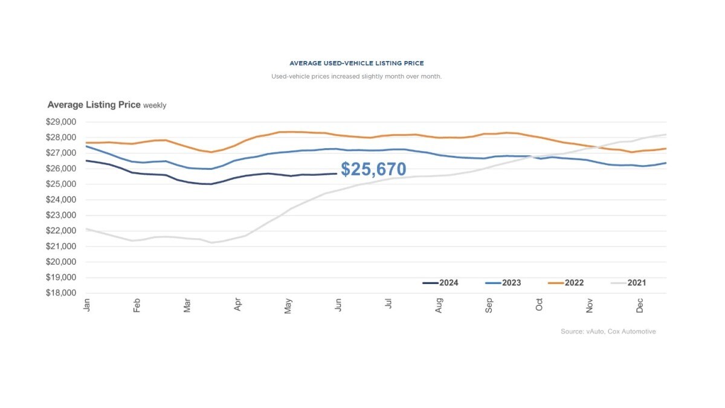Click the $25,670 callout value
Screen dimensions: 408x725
click(x=373, y=170)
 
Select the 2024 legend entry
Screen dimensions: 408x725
click(x=440, y=283)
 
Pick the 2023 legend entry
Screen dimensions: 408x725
click(x=503, y=283)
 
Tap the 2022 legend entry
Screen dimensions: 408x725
click(x=565, y=283)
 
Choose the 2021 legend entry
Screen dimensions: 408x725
click(x=628, y=283)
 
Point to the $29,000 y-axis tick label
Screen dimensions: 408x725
click(x=60, y=121)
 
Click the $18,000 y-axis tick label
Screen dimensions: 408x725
click(x=60, y=293)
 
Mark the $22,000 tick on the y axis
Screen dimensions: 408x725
click(x=60, y=231)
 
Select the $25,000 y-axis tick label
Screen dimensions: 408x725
click(x=60, y=184)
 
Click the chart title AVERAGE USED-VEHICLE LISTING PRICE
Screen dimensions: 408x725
click(x=356, y=63)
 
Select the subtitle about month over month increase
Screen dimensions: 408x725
click(x=356, y=77)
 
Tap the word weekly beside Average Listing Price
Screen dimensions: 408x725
click(x=155, y=106)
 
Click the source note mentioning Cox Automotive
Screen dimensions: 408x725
click(x=608, y=331)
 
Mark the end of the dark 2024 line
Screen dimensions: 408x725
click(x=336, y=173)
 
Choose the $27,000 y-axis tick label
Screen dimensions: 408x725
click(x=60, y=153)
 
